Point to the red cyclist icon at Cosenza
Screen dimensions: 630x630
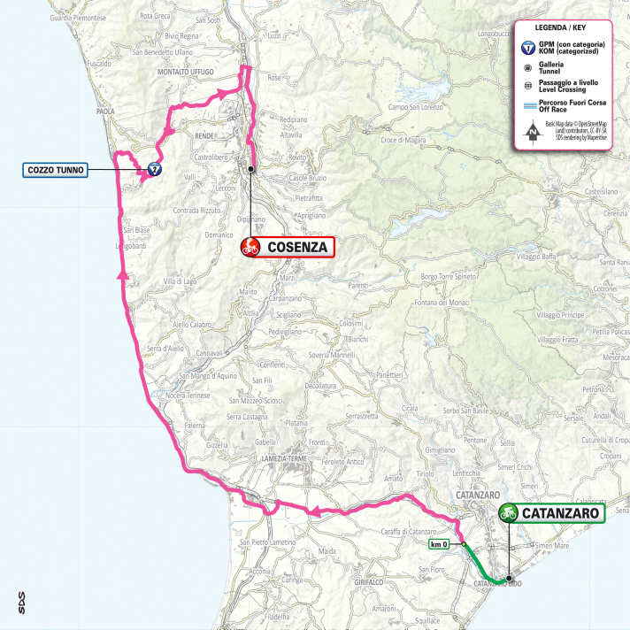[x=250, y=248]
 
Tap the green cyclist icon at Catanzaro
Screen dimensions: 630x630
[x=509, y=512]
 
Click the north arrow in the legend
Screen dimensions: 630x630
[x=531, y=134]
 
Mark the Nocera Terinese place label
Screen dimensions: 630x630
[x=210, y=396]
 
